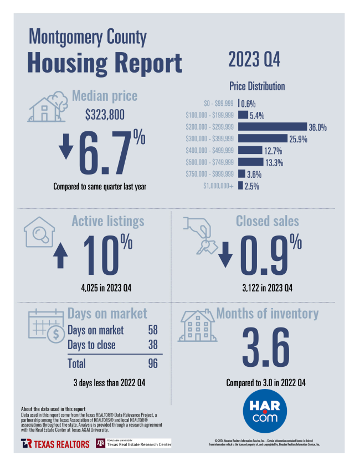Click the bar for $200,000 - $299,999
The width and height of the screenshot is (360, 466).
pyautogui.click(x=272, y=127)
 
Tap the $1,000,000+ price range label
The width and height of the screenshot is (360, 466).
pyautogui.click(x=219, y=186)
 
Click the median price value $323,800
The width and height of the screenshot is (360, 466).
pyautogui.click(x=105, y=115)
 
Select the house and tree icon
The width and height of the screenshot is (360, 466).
pyautogui.click(x=47, y=107)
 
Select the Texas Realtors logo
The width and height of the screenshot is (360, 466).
pyautogui.click(x=55, y=443)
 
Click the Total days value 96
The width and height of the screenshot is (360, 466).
pyautogui.click(x=153, y=363)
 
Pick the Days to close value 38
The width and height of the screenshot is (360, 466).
pyautogui.click(x=153, y=345)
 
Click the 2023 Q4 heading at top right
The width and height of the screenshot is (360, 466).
pyautogui.click(x=254, y=59)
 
